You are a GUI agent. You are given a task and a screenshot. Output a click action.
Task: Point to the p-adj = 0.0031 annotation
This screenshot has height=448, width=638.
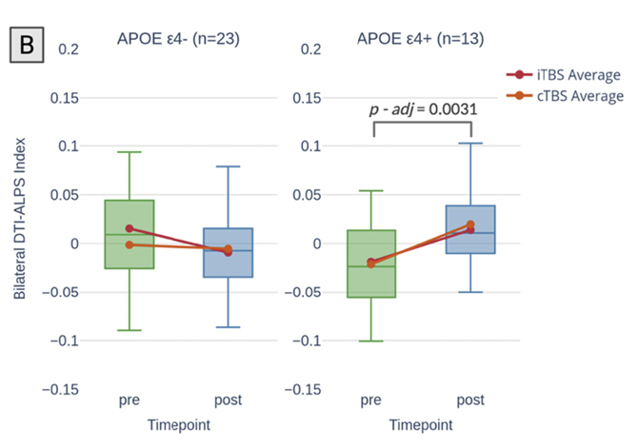[423, 109]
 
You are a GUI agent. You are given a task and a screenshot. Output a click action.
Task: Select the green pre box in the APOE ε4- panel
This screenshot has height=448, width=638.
[130, 234]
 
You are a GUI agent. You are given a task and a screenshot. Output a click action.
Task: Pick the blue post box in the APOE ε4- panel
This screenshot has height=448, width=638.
[228, 252]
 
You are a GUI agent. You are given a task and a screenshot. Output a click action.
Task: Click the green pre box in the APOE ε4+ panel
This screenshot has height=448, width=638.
[369, 263]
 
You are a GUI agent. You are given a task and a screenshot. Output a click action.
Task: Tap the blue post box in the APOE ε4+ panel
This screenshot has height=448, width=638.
[470, 229]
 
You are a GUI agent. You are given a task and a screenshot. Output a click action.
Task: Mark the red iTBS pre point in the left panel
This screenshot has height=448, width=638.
[130, 228]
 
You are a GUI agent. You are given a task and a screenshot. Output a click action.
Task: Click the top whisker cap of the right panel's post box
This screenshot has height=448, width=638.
[470, 144]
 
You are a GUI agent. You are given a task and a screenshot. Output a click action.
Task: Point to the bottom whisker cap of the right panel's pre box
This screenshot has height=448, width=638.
[369, 341]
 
